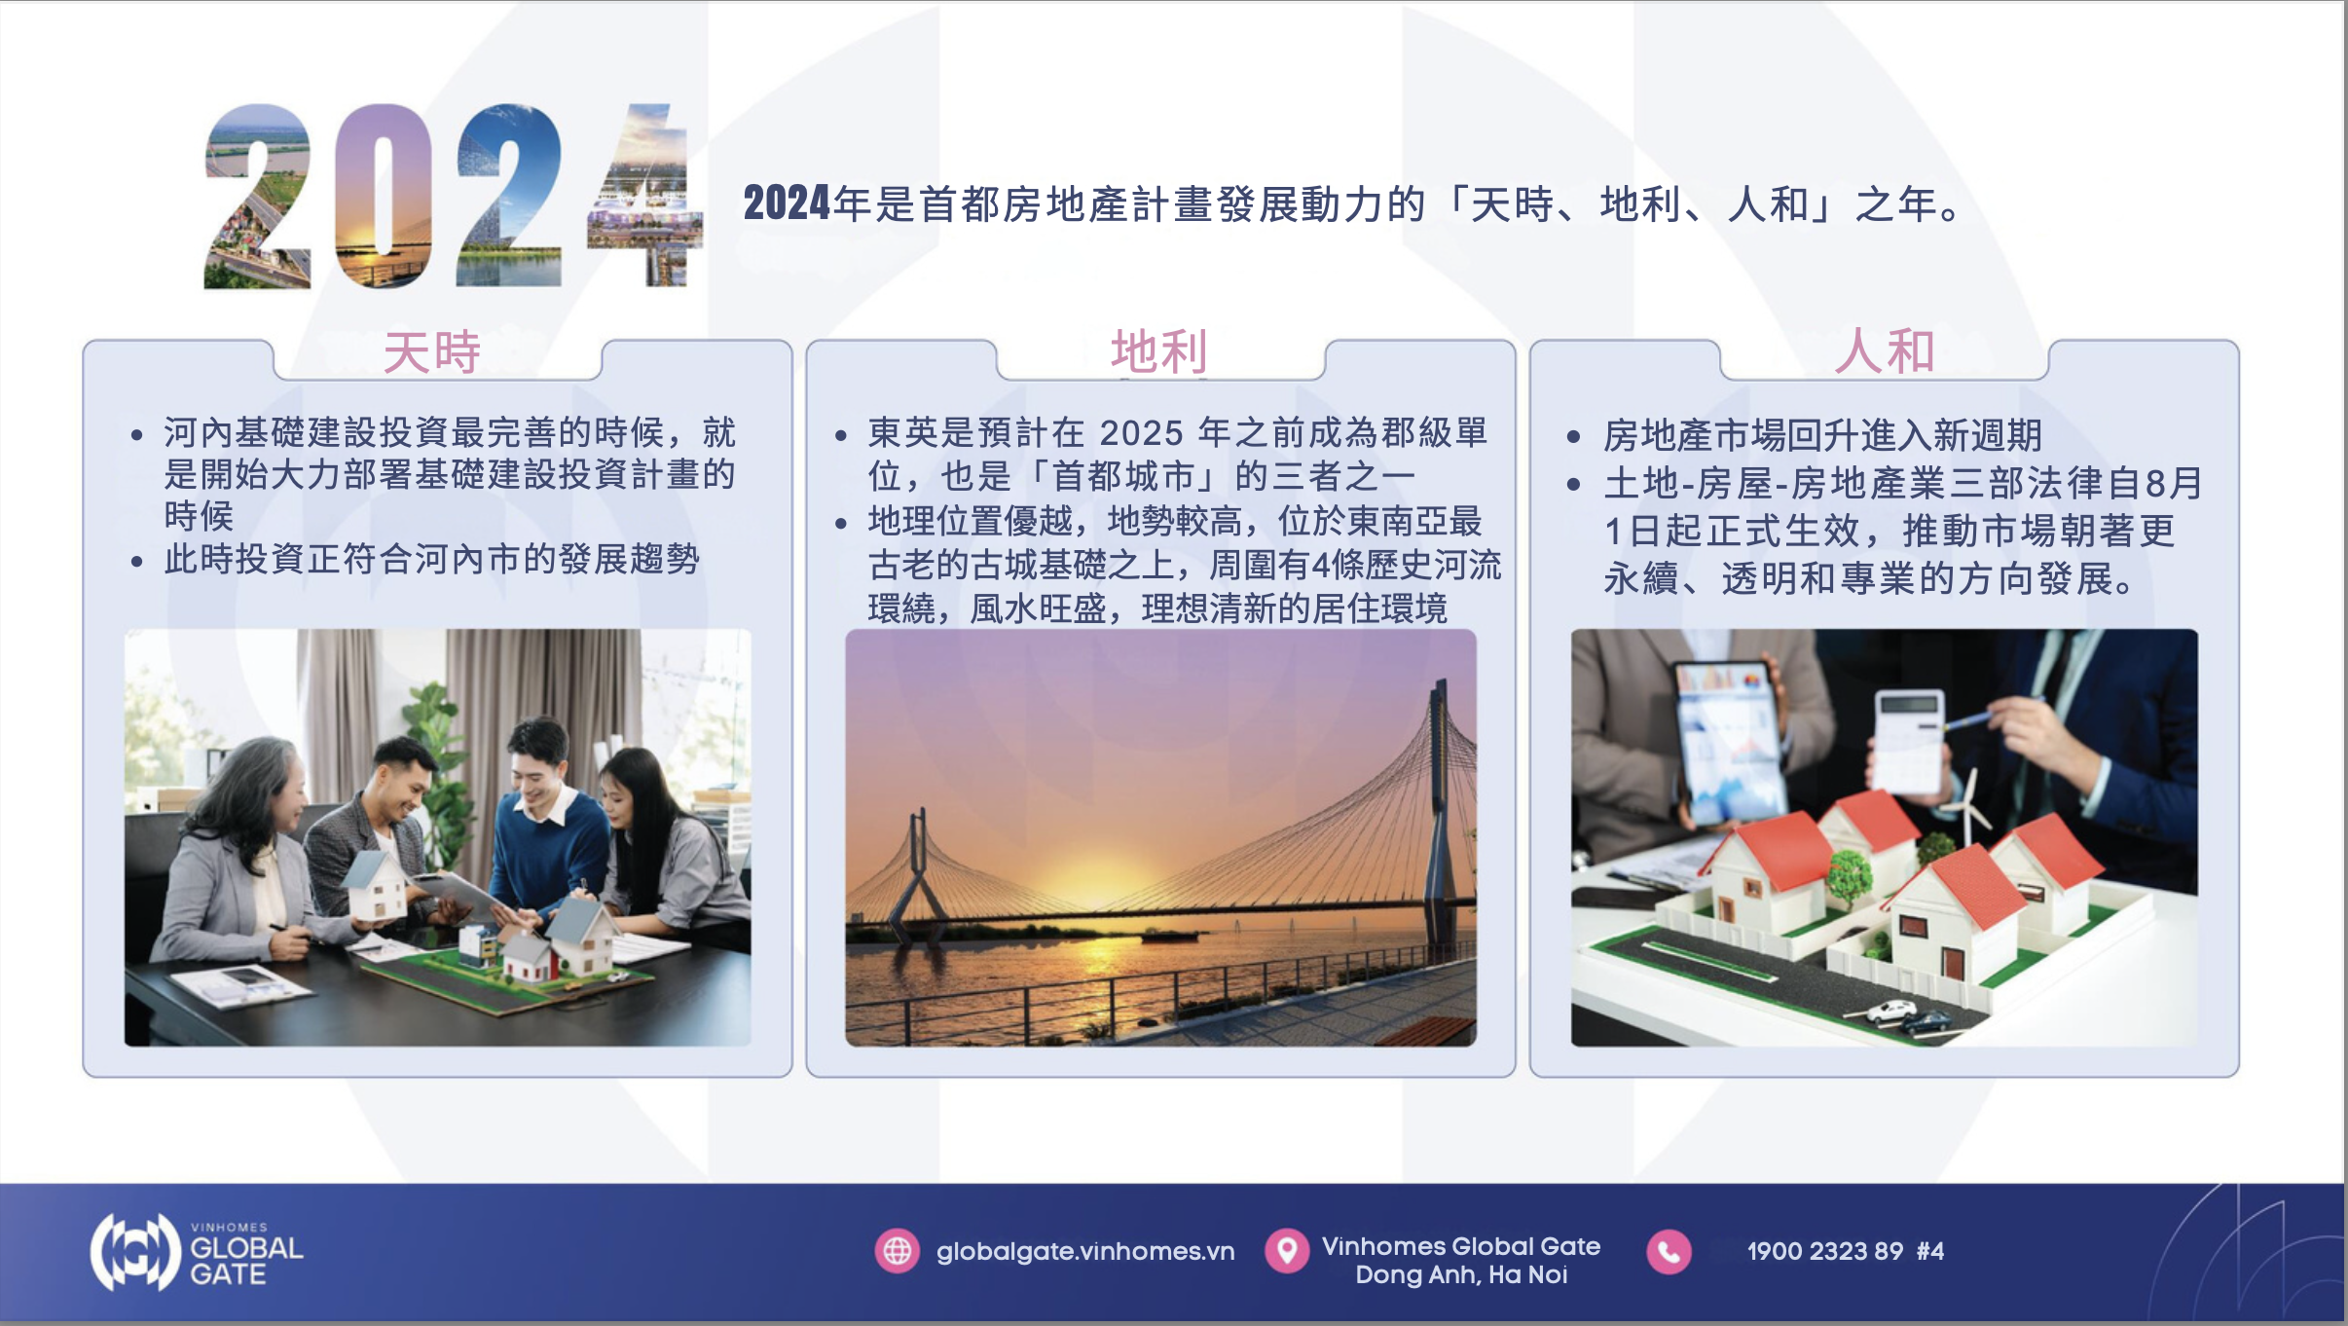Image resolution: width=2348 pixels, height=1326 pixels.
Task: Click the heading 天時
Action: [432, 351]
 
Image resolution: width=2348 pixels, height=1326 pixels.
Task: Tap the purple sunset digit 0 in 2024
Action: [384, 196]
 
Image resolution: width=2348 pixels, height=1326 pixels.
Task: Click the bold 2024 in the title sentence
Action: [787, 203]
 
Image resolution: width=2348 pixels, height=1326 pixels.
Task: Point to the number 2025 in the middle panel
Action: [1142, 433]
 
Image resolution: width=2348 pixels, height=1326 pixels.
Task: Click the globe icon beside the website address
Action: [897, 1251]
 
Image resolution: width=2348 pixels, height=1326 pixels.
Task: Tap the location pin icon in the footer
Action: [1287, 1251]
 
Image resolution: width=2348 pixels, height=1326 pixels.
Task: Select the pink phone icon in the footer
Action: [1669, 1251]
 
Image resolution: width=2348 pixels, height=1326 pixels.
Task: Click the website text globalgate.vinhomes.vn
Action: [1085, 1251]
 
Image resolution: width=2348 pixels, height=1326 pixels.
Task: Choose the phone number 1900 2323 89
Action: [1825, 1251]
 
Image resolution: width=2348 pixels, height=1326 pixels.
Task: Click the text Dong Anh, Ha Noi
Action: [1461, 1274]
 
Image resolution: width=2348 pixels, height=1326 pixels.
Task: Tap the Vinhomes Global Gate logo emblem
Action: [136, 1251]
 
